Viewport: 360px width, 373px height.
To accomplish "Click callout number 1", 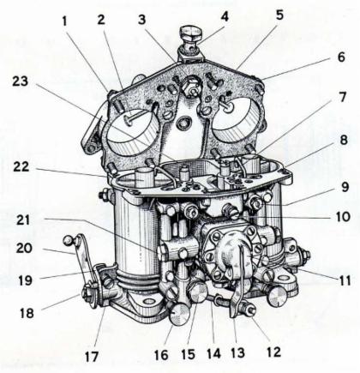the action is tap(65, 21).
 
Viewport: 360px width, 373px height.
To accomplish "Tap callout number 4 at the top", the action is tap(225, 16).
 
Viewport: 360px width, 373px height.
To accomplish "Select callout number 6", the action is tap(341, 57).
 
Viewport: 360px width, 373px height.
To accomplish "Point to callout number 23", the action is tap(20, 81).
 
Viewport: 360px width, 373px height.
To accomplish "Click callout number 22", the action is tap(21, 167).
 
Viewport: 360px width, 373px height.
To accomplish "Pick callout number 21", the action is tap(23, 221).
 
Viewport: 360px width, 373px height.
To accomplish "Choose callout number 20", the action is tap(24, 248).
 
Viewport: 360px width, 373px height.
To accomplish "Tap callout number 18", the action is tap(27, 313).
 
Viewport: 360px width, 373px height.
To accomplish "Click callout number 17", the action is tap(92, 357).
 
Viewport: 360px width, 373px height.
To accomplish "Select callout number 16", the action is tap(161, 355).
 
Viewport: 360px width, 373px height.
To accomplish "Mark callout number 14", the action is tap(214, 353).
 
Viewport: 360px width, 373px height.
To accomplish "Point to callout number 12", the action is tap(273, 352).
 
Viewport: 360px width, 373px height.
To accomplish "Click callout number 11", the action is tap(345, 280).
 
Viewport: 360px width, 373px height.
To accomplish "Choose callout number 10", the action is tap(343, 216).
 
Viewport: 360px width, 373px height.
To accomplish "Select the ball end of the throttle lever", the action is tap(69, 239).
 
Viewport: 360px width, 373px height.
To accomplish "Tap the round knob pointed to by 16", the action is tap(179, 315).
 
